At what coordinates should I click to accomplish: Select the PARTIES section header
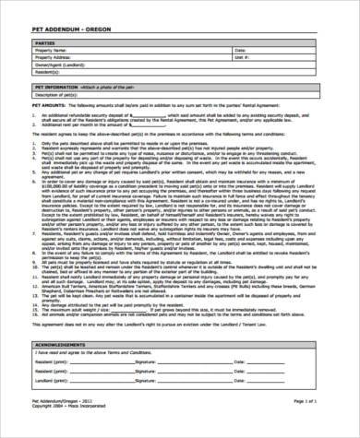44,42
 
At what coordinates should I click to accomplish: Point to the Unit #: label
242,56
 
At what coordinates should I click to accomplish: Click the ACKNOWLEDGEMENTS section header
62,342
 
